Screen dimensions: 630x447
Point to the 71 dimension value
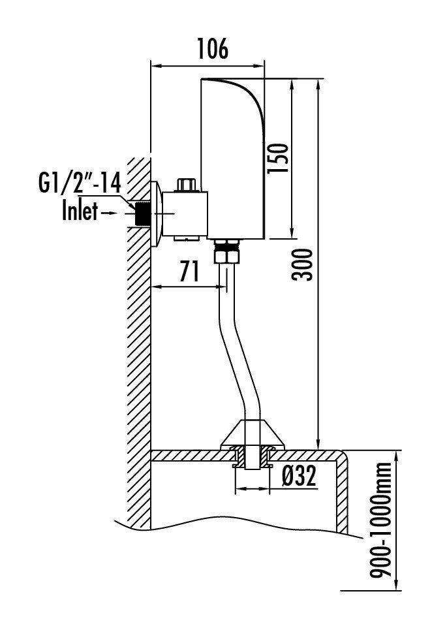pos(189,272)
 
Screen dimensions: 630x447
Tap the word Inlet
pos(80,212)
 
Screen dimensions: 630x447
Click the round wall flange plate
pos(156,214)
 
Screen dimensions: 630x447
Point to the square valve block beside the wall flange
pos(184,214)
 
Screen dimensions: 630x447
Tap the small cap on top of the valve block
pos(187,185)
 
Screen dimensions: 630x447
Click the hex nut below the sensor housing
pos(226,251)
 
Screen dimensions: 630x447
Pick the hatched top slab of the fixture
pos(196,455)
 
